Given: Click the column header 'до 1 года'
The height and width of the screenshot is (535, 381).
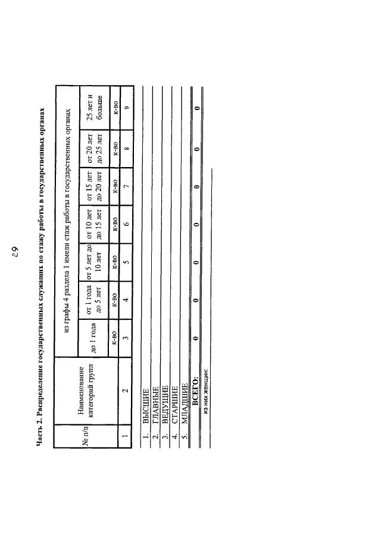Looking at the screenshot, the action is pyautogui.click(x=93, y=338).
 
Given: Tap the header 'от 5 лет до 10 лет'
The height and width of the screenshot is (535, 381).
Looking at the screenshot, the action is pyautogui.click(x=93, y=262).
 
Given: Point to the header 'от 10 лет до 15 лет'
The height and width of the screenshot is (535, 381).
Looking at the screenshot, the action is pyautogui.click(x=93, y=225).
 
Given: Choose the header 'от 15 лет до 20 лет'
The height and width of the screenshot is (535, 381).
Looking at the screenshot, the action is pyautogui.click(x=93, y=187).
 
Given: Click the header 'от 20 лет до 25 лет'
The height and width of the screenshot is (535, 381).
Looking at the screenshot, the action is pyautogui.click(x=93, y=149).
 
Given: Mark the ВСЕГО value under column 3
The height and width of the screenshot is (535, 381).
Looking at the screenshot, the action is pyautogui.click(x=196, y=338).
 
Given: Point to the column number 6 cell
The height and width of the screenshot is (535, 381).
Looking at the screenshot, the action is pyautogui.click(x=126, y=224).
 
